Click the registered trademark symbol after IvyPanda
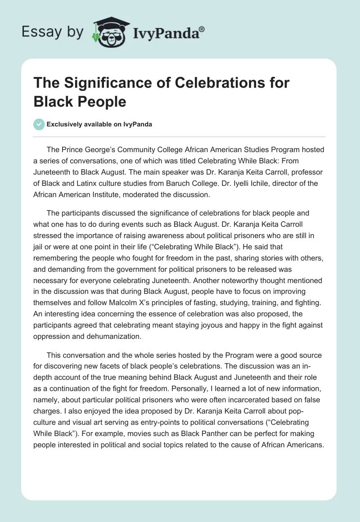[202, 30]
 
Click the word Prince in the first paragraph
[74, 149]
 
